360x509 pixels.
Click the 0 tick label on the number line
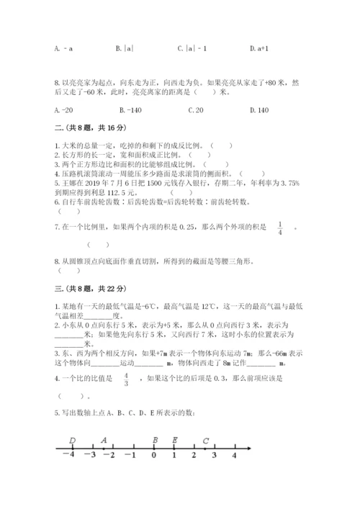click(x=153, y=456)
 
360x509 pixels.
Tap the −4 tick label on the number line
click(x=68, y=456)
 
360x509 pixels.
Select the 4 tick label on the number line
click(x=235, y=456)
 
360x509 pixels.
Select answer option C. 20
click(x=194, y=109)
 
